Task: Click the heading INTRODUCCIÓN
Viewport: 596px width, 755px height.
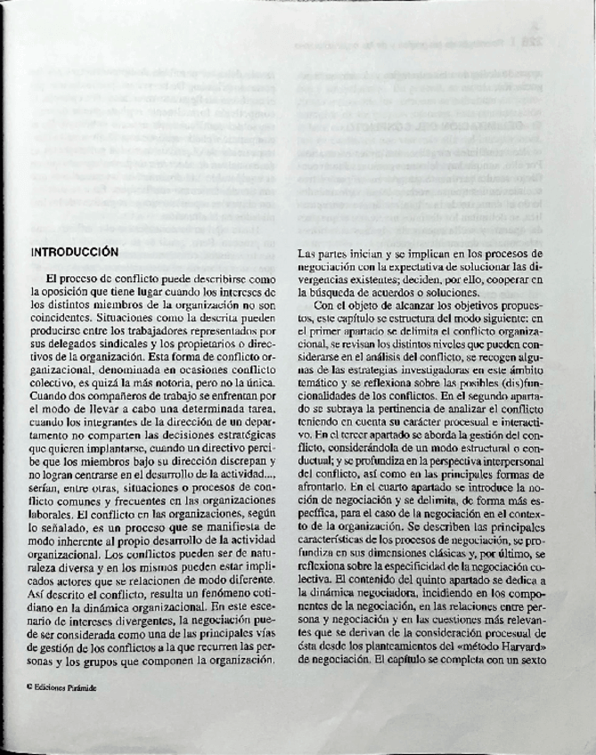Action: [x=74, y=252]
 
